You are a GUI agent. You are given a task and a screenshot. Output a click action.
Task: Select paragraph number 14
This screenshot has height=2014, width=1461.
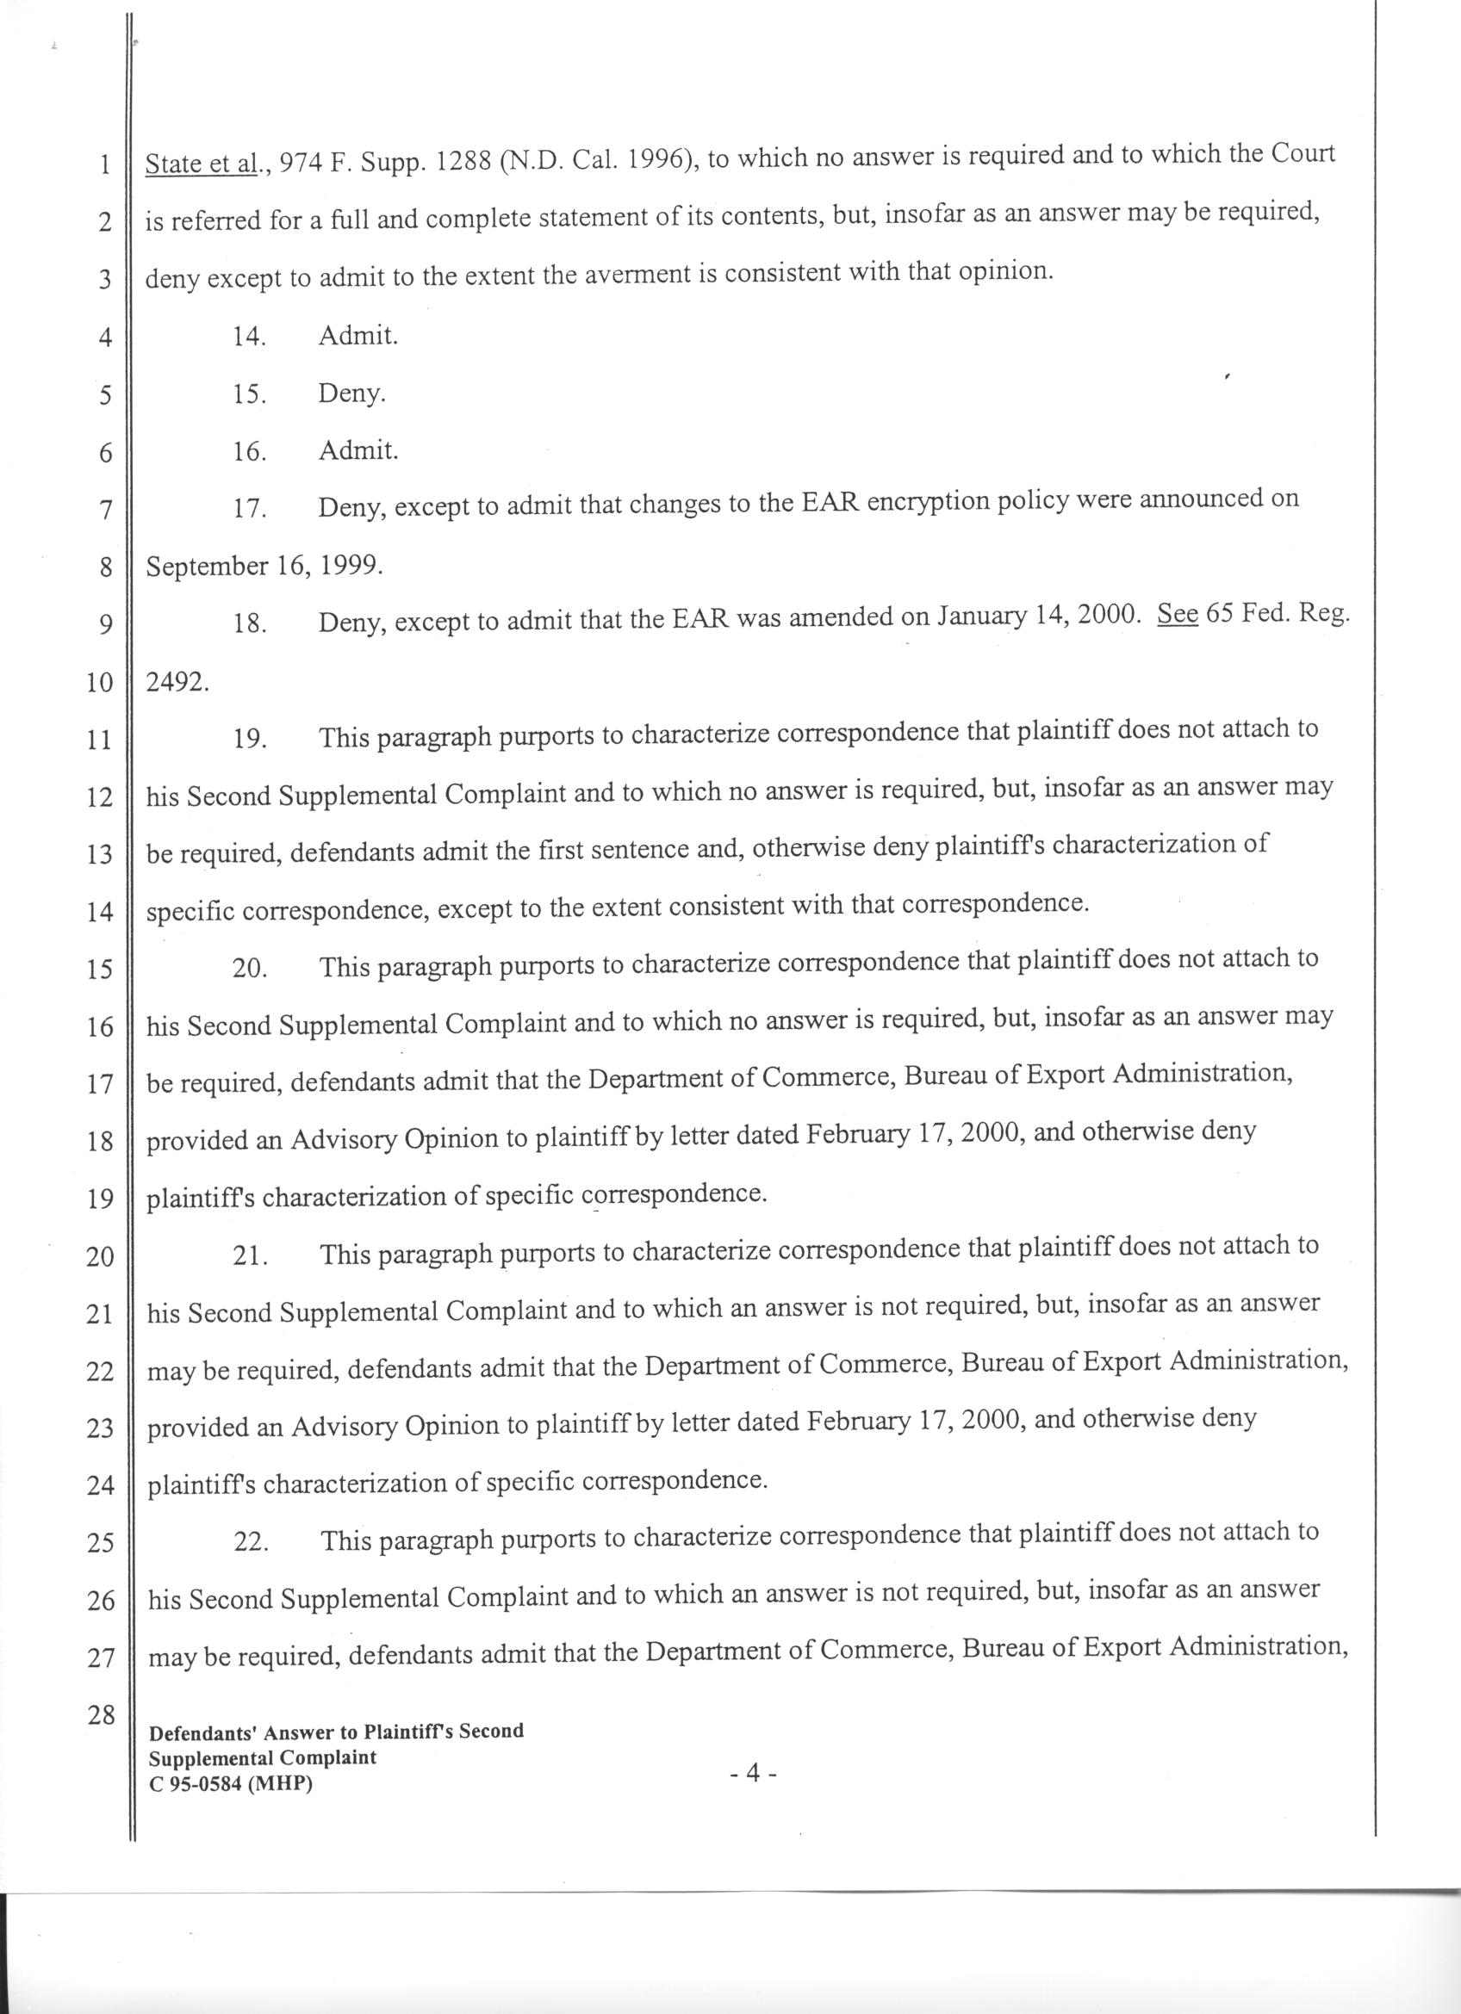click(250, 337)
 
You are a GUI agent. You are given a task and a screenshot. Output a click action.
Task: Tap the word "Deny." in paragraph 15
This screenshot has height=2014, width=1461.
click(351, 394)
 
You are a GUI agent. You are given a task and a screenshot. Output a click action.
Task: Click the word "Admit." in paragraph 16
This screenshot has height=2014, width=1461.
click(357, 451)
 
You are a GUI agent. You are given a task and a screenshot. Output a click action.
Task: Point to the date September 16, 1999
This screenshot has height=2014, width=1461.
click(264, 567)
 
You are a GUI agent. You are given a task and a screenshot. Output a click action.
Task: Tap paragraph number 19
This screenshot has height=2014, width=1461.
click(250, 739)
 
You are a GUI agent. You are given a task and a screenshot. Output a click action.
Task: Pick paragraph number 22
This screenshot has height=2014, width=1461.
click(251, 1542)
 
